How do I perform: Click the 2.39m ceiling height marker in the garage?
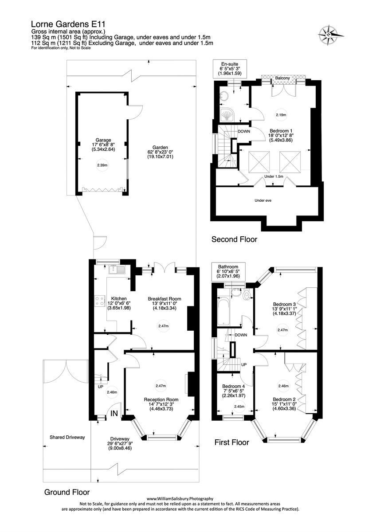[x=102, y=165]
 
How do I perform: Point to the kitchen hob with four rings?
[x=98, y=301]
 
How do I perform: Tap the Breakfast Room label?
[x=164, y=299]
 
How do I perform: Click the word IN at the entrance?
[x=114, y=414]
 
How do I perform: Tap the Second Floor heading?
[x=234, y=240]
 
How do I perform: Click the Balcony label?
[x=282, y=78]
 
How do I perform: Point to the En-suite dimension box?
[x=230, y=70]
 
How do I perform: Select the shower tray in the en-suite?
[x=227, y=115]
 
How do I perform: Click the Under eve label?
[x=262, y=200]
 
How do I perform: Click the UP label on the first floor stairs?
[x=243, y=364]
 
